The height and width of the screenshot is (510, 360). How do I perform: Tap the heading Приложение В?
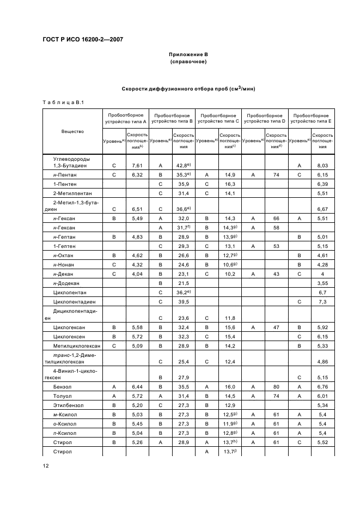tap(188, 56)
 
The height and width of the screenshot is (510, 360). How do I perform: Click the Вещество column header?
tap(72, 132)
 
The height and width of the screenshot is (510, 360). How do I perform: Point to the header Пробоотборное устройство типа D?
tap(265, 119)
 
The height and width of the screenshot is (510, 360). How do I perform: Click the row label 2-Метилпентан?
tap(69, 193)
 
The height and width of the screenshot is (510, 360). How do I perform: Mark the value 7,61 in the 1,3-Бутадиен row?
tap(137, 165)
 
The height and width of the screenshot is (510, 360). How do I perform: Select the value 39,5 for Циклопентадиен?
tap(183, 301)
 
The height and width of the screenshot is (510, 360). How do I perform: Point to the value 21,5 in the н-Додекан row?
tap(183, 283)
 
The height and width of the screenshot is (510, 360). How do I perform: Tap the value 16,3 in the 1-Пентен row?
tap(229, 184)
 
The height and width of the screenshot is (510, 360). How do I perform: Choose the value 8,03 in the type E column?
tap(322, 165)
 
